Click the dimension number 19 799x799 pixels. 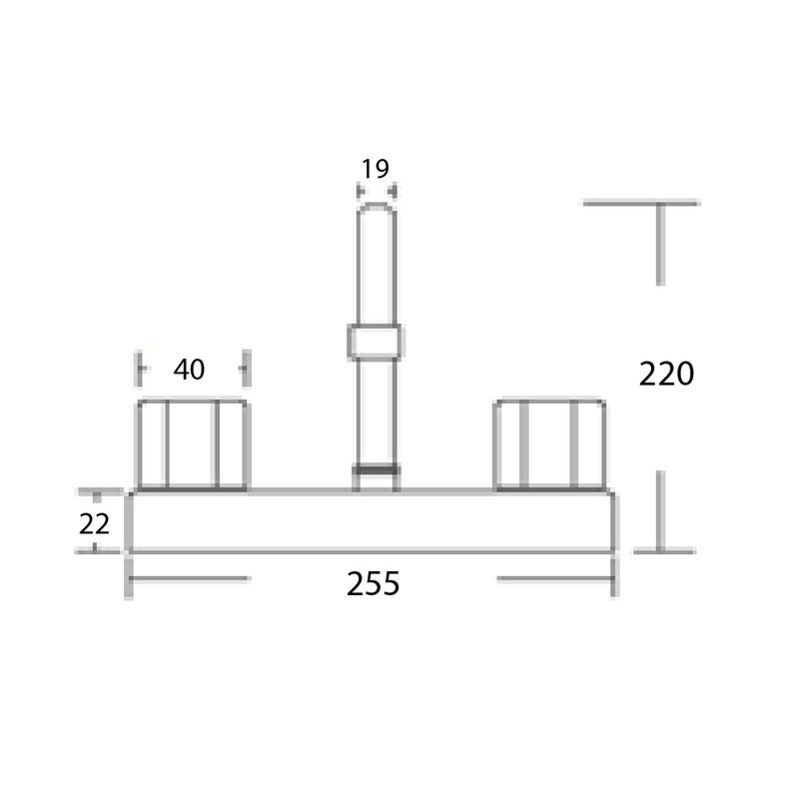(376, 169)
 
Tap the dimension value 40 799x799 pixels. (189, 370)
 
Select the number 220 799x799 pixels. (666, 374)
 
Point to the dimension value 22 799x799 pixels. (94, 523)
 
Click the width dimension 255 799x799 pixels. (373, 584)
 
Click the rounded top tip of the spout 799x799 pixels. (377, 207)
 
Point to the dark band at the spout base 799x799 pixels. (377, 469)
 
